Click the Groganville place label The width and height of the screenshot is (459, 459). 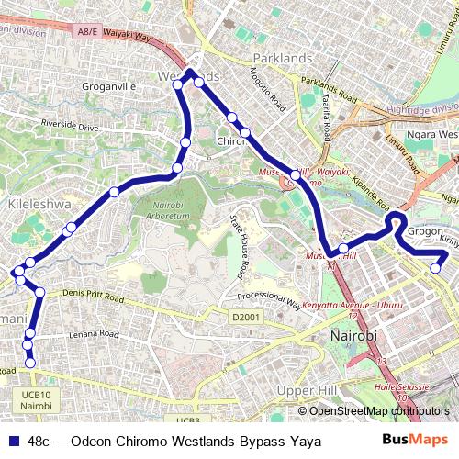[x=109, y=87]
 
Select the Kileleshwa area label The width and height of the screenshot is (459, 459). [x=34, y=204]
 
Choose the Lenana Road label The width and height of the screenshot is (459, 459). [x=95, y=334]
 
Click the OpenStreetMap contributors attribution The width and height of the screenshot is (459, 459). [x=378, y=411]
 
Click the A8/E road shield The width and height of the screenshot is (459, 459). [x=89, y=31]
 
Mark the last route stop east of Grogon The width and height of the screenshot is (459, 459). [x=437, y=268]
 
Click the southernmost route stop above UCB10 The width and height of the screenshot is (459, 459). [x=30, y=364]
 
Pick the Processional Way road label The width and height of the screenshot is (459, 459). [x=268, y=299]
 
